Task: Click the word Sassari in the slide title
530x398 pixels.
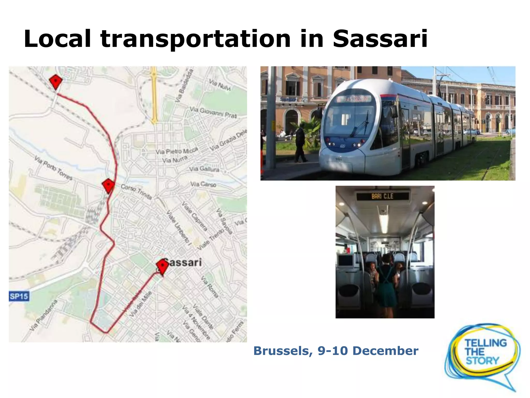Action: click(x=380, y=39)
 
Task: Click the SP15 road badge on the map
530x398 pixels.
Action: click(x=19, y=296)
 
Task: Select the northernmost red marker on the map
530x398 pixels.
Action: click(x=55, y=81)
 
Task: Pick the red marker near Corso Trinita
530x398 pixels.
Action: click(x=108, y=185)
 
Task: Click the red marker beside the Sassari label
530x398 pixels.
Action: click(x=162, y=266)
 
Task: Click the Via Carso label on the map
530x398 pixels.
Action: click(x=203, y=184)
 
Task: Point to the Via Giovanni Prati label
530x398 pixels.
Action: click(x=213, y=112)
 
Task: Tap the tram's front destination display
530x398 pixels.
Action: click(x=354, y=99)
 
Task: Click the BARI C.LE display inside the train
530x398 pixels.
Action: click(x=382, y=196)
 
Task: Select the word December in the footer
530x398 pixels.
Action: click(x=385, y=351)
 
